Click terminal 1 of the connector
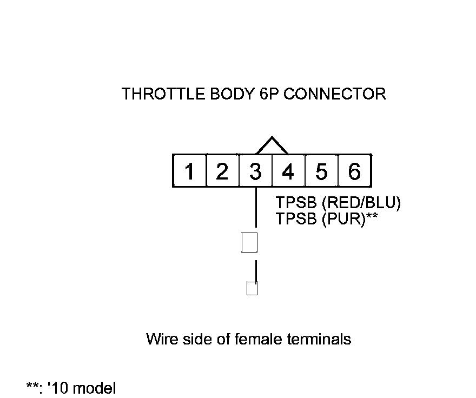click(189, 171)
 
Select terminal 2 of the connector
click(222, 171)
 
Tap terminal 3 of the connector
click(255, 171)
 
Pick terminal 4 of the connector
click(288, 171)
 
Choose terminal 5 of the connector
click(321, 171)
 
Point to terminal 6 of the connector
click(354, 171)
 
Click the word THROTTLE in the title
click(158, 94)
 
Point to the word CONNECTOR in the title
click(335, 94)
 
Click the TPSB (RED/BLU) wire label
click(338, 203)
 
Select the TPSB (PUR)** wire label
click(327, 219)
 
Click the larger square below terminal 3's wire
click(249, 243)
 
